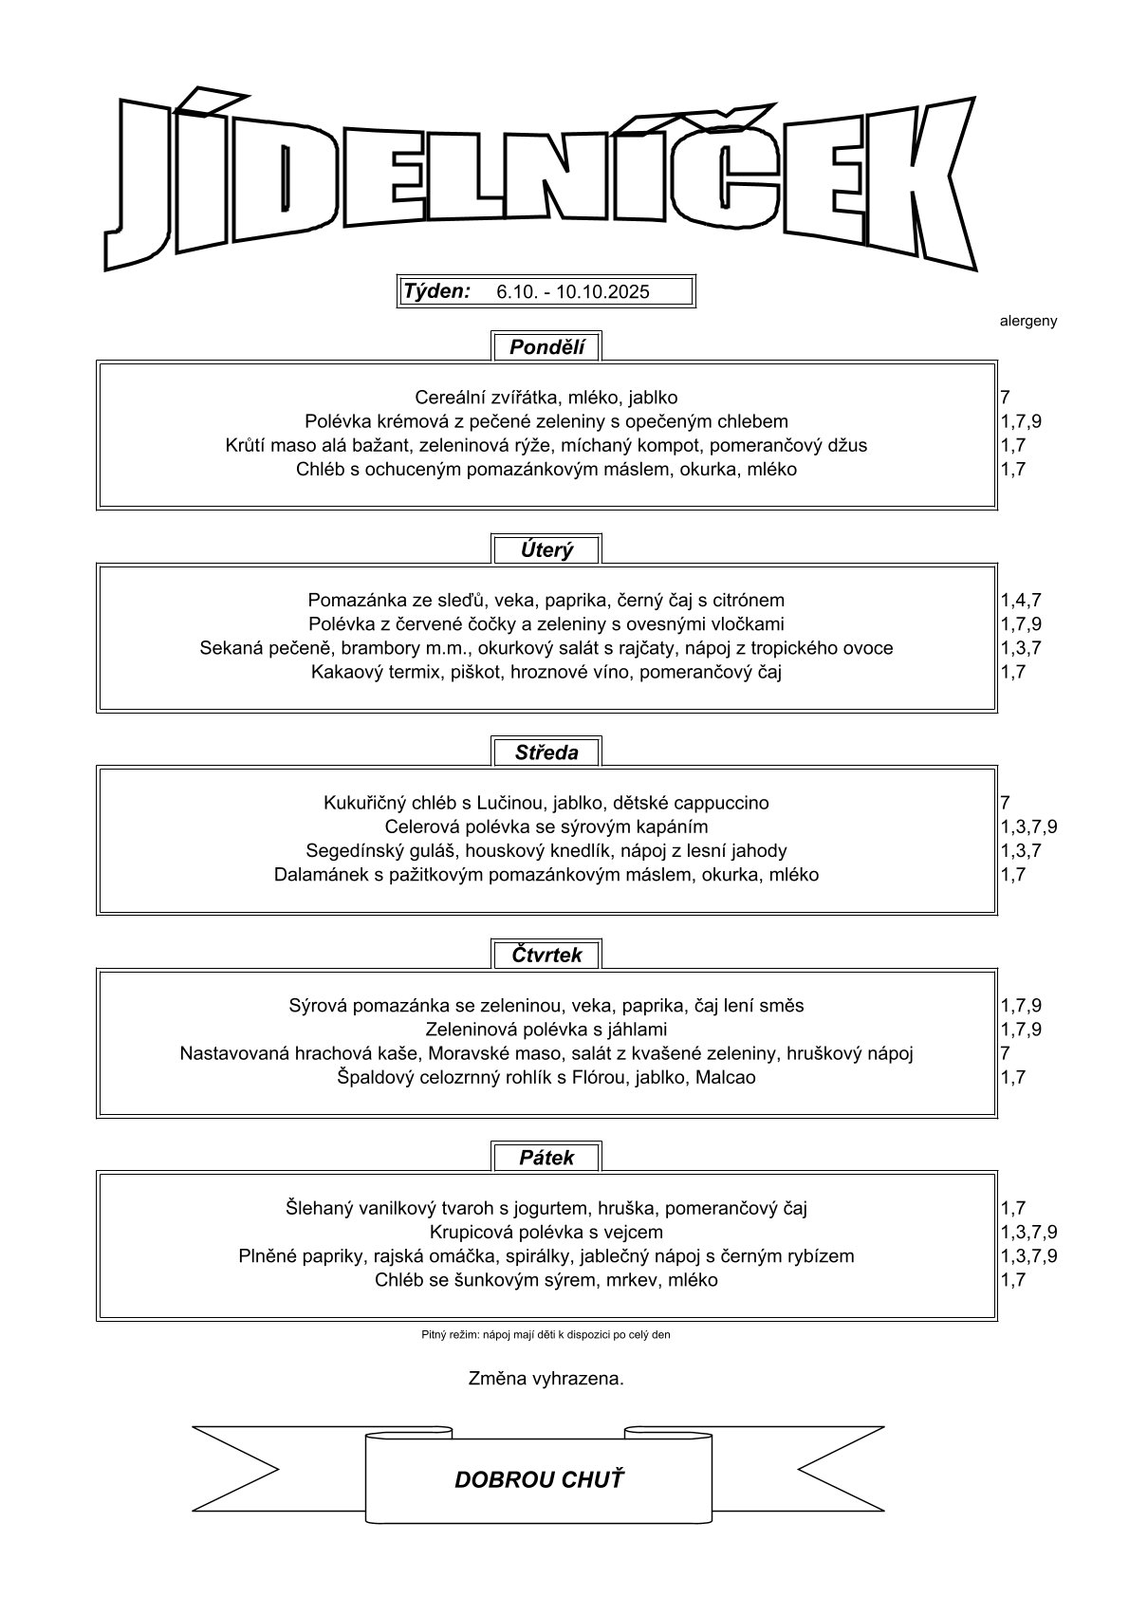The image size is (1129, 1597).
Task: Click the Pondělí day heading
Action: click(546, 347)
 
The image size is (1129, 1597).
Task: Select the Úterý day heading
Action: click(546, 549)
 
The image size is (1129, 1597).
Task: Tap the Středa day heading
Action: click(546, 752)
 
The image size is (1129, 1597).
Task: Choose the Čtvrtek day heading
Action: click(546, 955)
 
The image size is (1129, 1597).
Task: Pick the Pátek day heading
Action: click(546, 1158)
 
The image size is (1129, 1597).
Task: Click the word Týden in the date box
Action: click(436, 291)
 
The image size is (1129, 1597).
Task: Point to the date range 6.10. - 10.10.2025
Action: click(573, 292)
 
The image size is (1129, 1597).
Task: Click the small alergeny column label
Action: click(1027, 321)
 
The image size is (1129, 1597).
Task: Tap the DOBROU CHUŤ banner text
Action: click(539, 1479)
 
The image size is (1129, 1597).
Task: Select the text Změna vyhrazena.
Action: click(546, 1378)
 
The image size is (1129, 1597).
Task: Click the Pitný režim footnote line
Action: click(546, 1334)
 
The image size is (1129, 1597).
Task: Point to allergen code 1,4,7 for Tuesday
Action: click(1021, 600)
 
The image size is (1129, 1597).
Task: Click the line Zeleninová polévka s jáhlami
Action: click(546, 1029)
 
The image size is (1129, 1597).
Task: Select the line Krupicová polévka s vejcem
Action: click(546, 1232)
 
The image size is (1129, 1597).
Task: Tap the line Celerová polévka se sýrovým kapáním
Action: click(546, 826)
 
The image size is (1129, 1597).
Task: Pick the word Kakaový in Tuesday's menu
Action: click(343, 672)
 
